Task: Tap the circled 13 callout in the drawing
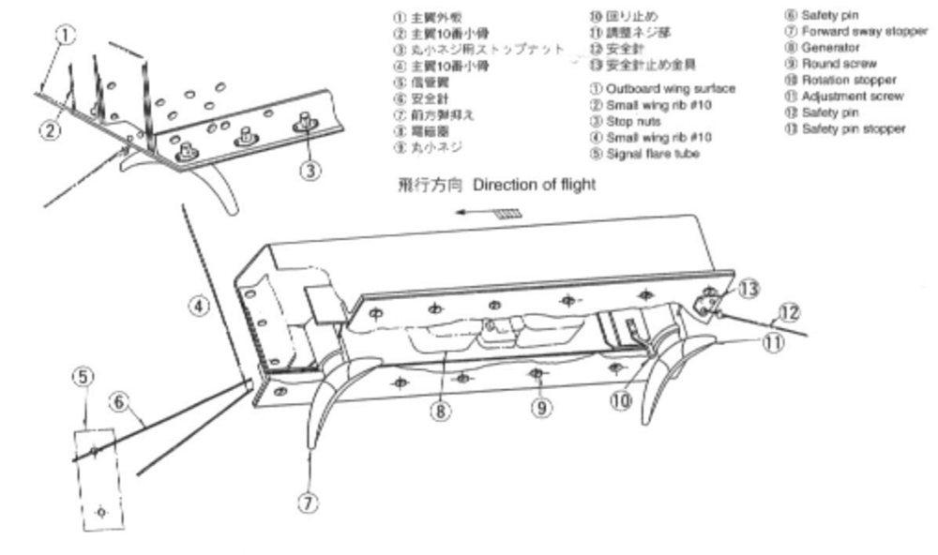pos(748,290)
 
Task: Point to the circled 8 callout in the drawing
pos(437,409)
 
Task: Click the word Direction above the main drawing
pos(503,185)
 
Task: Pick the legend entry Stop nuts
pos(629,120)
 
